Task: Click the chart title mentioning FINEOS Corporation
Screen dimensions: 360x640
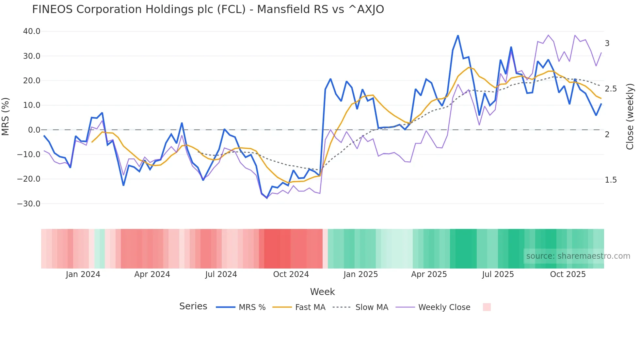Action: coord(208,9)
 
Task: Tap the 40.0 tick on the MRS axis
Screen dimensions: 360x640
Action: coord(32,31)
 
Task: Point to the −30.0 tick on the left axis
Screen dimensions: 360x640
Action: coord(29,204)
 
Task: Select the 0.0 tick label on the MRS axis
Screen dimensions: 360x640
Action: coord(34,130)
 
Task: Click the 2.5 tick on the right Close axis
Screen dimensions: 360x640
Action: coord(611,89)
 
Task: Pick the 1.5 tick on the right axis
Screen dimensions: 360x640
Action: coord(611,180)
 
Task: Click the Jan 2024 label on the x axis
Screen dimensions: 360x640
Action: coord(83,274)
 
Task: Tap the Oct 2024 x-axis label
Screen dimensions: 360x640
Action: coord(291,274)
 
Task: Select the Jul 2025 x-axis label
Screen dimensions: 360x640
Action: coord(498,274)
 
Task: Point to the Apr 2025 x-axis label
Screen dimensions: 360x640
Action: coord(429,274)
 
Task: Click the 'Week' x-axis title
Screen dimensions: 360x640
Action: coord(322,292)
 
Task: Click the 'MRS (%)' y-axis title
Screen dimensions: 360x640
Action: coord(6,117)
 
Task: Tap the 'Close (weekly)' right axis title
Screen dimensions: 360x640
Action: coord(630,117)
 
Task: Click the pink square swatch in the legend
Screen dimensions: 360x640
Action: coord(487,307)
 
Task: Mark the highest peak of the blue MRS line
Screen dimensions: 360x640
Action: coord(458,36)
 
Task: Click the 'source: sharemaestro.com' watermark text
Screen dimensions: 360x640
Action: coord(578,256)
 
